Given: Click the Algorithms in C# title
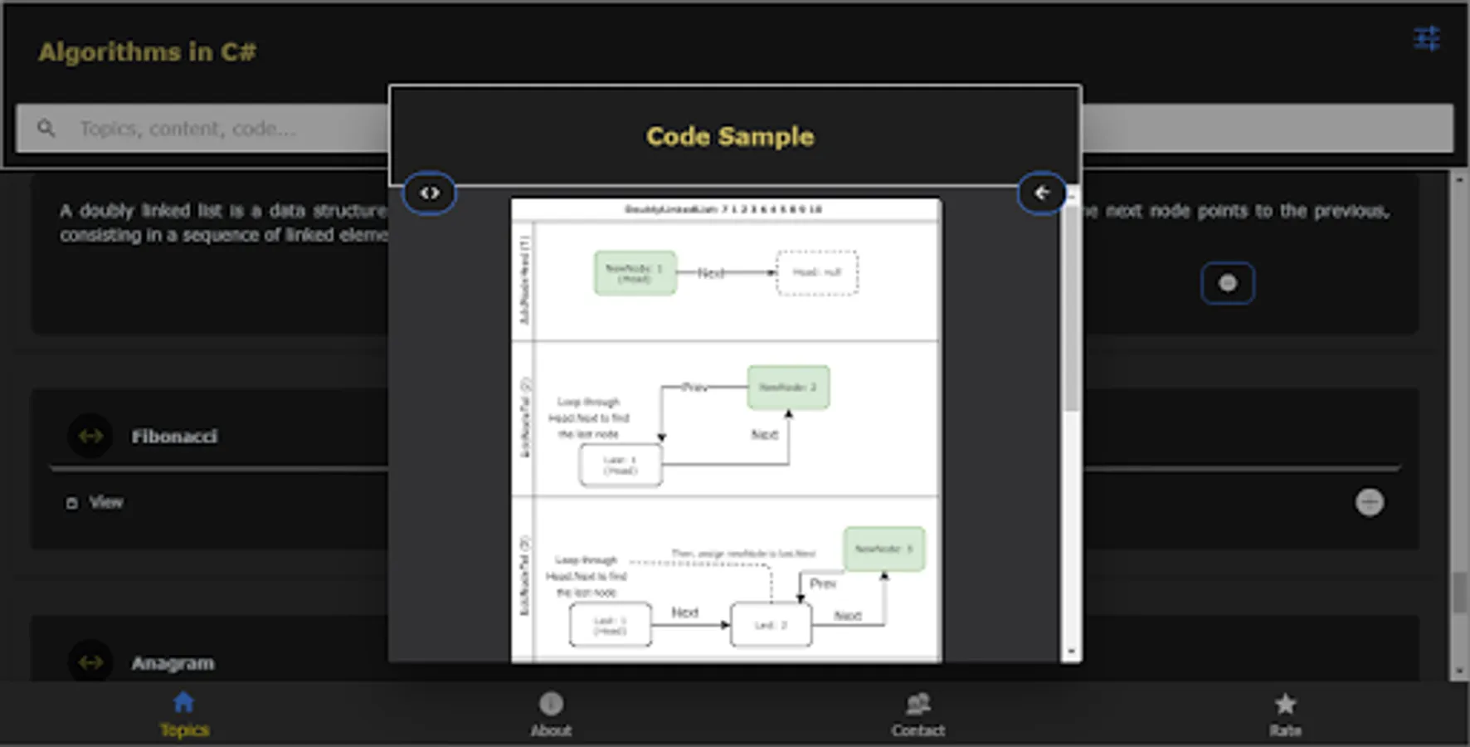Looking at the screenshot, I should pyautogui.click(x=147, y=52).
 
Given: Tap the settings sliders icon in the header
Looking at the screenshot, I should pyautogui.click(x=1426, y=38).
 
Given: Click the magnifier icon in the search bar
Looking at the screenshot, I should pyautogui.click(x=46, y=128).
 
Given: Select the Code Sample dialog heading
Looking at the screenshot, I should pyautogui.click(x=730, y=136).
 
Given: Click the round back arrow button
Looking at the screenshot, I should pyautogui.click(x=1041, y=193).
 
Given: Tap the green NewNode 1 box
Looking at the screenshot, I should pyautogui.click(x=635, y=273).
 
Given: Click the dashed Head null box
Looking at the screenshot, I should pyautogui.click(x=817, y=272).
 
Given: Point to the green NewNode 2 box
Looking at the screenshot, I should pyautogui.click(x=788, y=388).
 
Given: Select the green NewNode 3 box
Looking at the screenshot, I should pyautogui.click(x=883, y=549).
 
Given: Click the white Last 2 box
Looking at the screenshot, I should pyautogui.click(x=771, y=625).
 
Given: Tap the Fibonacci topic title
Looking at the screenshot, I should pyautogui.click(x=174, y=437).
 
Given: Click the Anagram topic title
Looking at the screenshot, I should pyautogui.click(x=173, y=663).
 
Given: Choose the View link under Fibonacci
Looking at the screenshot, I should pyautogui.click(x=105, y=502).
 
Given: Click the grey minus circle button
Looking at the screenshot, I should pyautogui.click(x=1369, y=502).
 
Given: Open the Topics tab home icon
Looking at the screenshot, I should pyautogui.click(x=183, y=703).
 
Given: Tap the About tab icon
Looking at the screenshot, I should pyautogui.click(x=551, y=704).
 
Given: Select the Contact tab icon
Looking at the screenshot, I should pyautogui.click(x=918, y=704).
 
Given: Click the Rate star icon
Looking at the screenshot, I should pyautogui.click(x=1285, y=704).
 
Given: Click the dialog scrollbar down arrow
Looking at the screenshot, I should pyautogui.click(x=1071, y=652).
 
